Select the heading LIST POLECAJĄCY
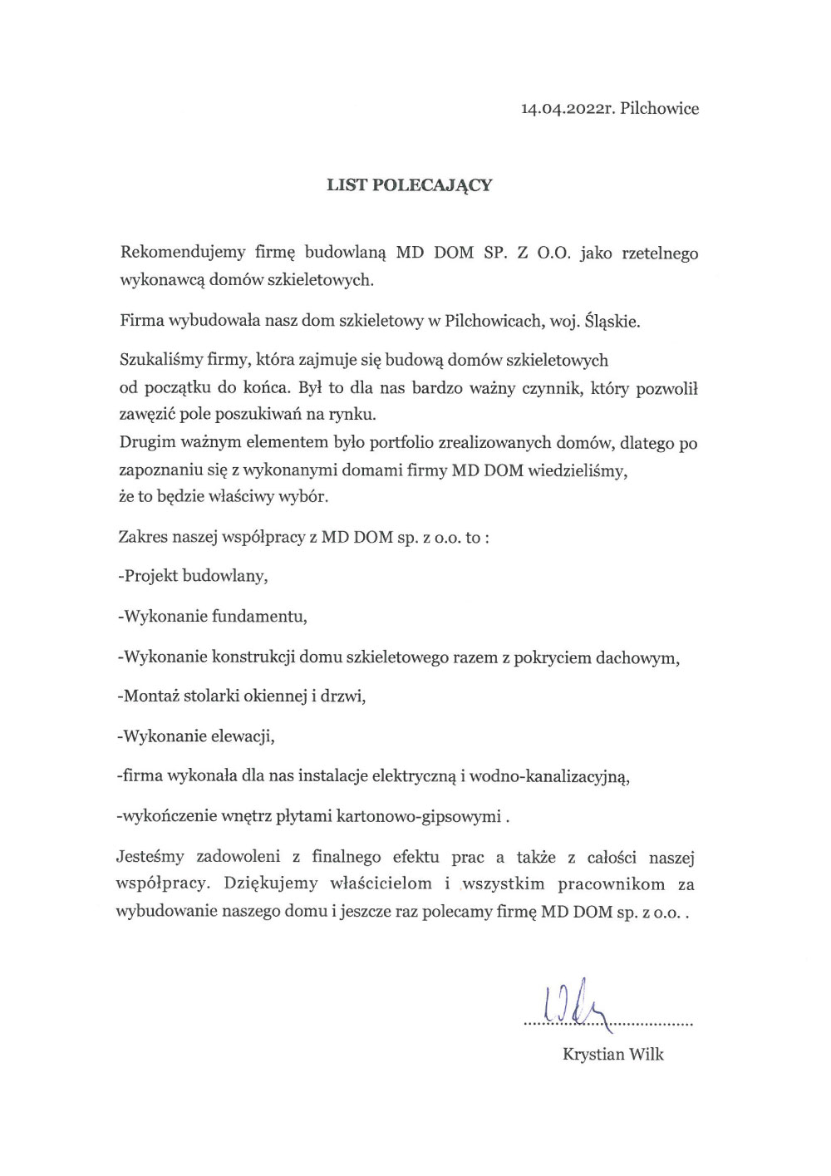click(409, 185)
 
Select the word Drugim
click(143, 443)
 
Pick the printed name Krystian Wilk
click(613, 1055)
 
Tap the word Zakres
click(143, 537)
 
